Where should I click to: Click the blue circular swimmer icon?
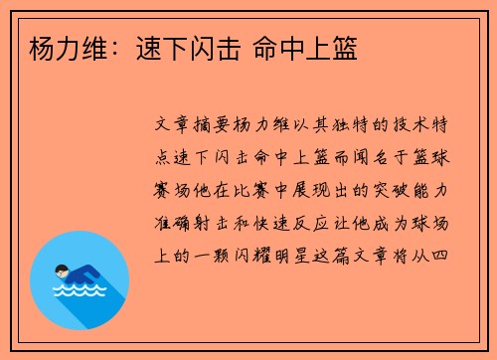(80, 280)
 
